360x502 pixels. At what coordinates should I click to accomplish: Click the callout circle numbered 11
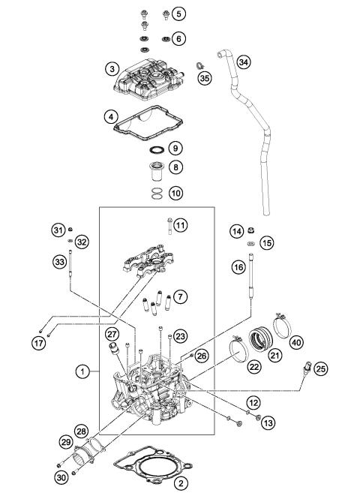(179, 225)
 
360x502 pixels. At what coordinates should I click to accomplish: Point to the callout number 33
(58, 262)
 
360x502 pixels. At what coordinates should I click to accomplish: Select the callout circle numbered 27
(112, 335)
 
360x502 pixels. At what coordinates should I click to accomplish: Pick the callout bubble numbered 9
(175, 147)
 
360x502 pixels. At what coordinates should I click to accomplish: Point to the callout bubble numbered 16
(238, 267)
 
